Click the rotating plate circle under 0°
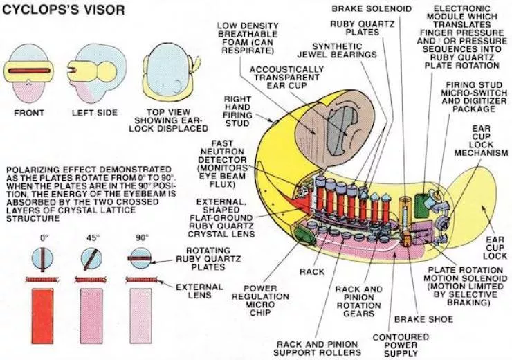(x=42, y=259)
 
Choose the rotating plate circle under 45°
(x=91, y=259)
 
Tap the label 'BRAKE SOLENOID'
(x=370, y=9)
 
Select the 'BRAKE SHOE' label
(x=423, y=320)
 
